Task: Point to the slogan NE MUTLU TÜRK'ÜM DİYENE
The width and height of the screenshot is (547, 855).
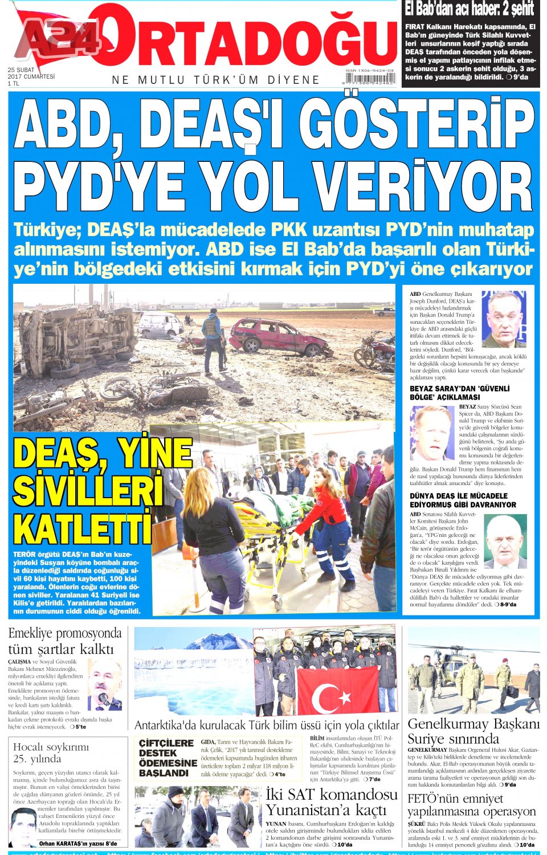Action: click(216, 80)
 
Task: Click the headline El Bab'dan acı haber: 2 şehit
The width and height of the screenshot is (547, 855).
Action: click(470, 10)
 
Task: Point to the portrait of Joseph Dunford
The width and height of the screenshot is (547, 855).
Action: click(503, 319)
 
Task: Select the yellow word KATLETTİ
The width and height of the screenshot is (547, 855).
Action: click(83, 528)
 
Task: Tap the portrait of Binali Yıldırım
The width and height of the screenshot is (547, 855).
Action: click(504, 541)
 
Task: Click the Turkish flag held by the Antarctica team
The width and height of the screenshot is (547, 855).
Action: click(337, 691)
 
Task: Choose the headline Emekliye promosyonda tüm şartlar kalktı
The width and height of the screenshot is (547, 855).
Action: click(65, 641)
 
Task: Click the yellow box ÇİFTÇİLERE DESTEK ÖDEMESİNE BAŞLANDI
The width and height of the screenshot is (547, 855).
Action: click(168, 758)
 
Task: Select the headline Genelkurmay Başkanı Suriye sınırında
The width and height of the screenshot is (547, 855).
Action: click(472, 731)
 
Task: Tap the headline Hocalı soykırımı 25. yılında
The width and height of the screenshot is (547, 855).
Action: click(51, 752)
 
